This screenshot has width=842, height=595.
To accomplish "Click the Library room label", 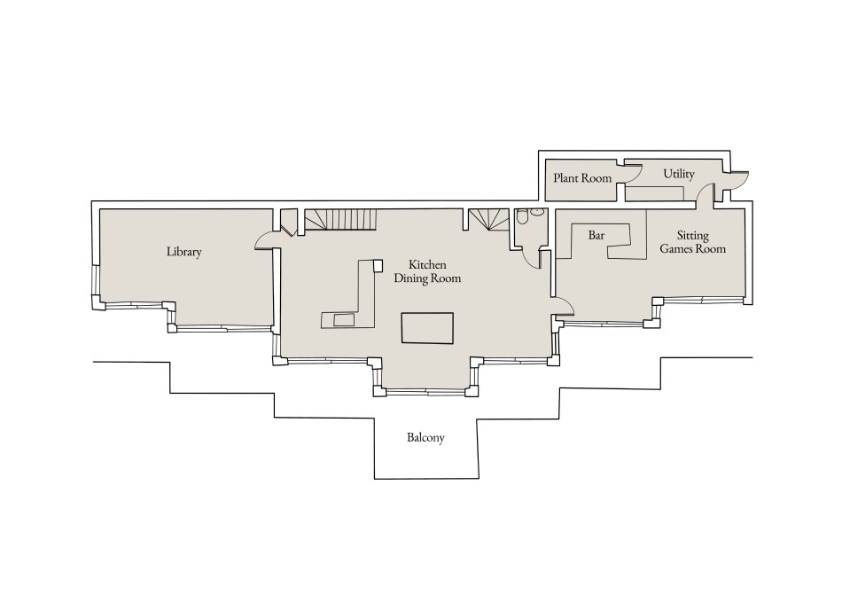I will coord(184,252).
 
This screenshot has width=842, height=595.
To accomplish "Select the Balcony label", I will coord(425,438).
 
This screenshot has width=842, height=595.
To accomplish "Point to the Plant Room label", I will coord(582,178).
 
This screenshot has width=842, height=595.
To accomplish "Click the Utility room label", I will coord(679,174).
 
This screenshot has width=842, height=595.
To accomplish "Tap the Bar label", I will coord(596,236).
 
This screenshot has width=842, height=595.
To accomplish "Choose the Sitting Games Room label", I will coord(692,242).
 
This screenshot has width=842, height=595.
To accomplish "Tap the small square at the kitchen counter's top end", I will coord(378,264).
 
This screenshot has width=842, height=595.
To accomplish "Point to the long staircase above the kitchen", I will coord(340,219).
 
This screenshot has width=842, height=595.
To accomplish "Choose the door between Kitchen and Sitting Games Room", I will coord(565,306).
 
